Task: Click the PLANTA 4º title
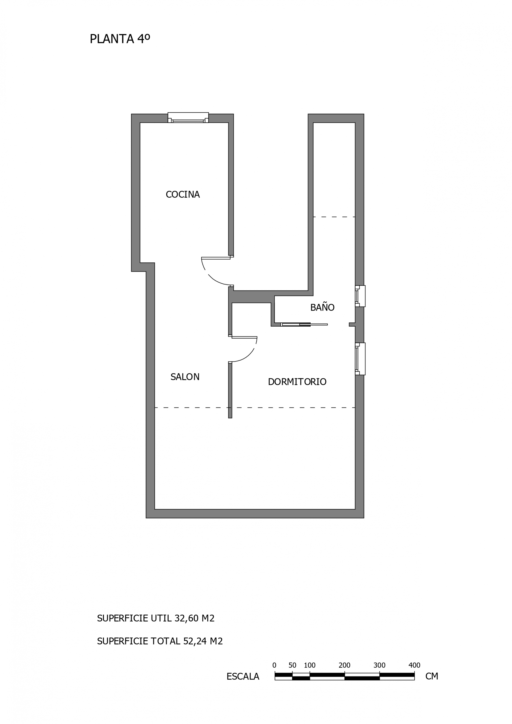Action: point(120,39)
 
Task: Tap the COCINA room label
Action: point(183,195)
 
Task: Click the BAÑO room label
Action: point(322,307)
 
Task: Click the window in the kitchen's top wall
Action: point(188,118)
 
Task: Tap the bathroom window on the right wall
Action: point(360,296)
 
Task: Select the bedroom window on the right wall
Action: point(360,359)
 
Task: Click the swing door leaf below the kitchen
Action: point(216,258)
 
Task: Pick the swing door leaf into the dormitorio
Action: point(244,337)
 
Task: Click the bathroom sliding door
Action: point(304,324)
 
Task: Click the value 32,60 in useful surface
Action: point(186,618)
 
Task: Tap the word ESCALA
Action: point(243,676)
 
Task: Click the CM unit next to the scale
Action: point(432,676)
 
